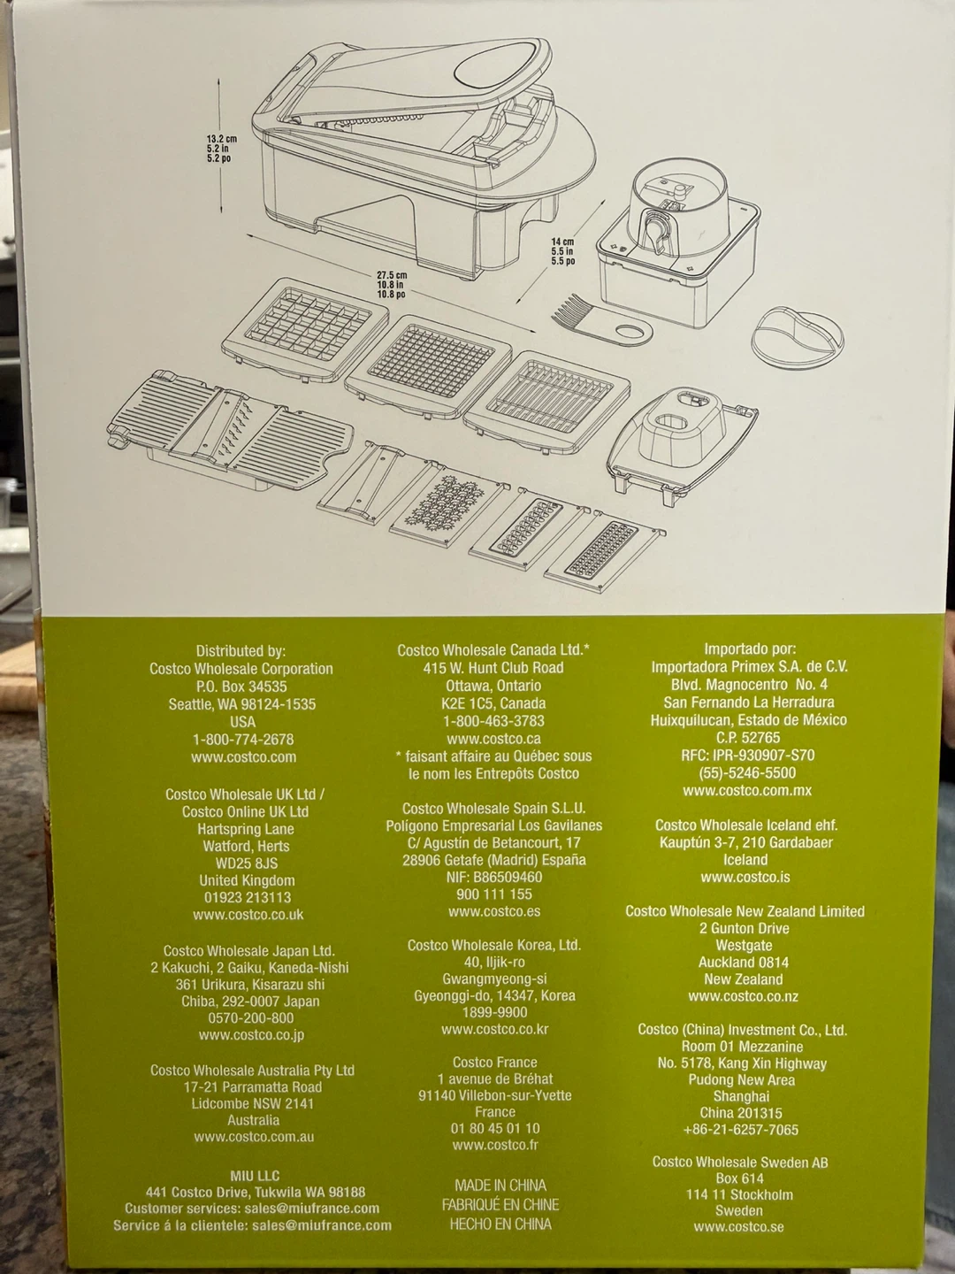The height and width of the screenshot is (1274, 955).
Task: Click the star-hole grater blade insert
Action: (x=447, y=504)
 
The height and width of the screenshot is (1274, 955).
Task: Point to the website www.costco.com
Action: (x=243, y=756)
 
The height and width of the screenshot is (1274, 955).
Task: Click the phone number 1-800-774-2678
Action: (x=243, y=740)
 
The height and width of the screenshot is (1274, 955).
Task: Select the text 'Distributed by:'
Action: (x=241, y=650)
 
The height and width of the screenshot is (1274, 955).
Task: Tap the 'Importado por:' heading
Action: (x=751, y=649)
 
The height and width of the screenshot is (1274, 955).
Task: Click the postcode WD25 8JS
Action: (x=247, y=863)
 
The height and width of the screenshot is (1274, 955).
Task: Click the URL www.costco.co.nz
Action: (x=744, y=996)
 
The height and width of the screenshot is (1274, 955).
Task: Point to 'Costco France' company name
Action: (x=494, y=1063)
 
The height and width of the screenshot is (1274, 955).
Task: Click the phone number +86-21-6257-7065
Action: (x=742, y=1130)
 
